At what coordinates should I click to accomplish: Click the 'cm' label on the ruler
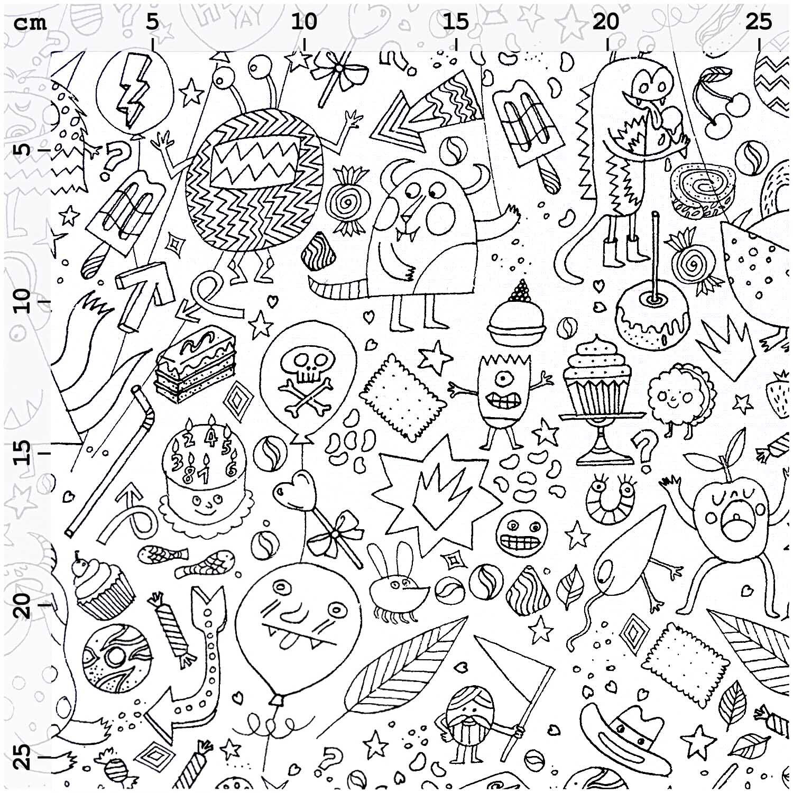(x=31, y=24)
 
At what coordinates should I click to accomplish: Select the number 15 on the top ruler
(x=455, y=22)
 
